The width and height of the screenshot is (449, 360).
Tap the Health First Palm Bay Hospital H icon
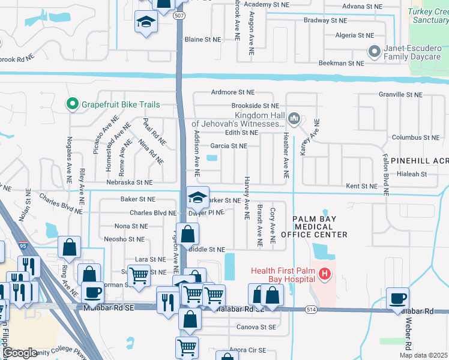pyautogui.click(x=325, y=275)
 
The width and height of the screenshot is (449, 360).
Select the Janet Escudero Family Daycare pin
pyautogui.click(x=375, y=52)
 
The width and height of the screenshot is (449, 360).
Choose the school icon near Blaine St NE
pyautogui.click(x=145, y=23)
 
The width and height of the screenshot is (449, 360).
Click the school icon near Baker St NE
pyautogui.click(x=197, y=197)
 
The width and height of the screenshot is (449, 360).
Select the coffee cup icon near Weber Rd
pyautogui.click(x=397, y=298)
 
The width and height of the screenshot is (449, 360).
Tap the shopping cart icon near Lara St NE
pyautogui.click(x=139, y=276)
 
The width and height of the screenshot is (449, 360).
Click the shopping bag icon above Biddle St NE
pyautogui.click(x=187, y=233)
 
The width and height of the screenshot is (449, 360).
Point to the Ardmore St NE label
pyautogui.click(x=233, y=92)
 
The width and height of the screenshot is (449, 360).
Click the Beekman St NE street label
pyautogui.click(x=341, y=63)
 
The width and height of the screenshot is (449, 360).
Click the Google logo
pyautogui.click(x=19, y=353)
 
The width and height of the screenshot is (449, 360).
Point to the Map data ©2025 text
pyautogui.click(x=423, y=355)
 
